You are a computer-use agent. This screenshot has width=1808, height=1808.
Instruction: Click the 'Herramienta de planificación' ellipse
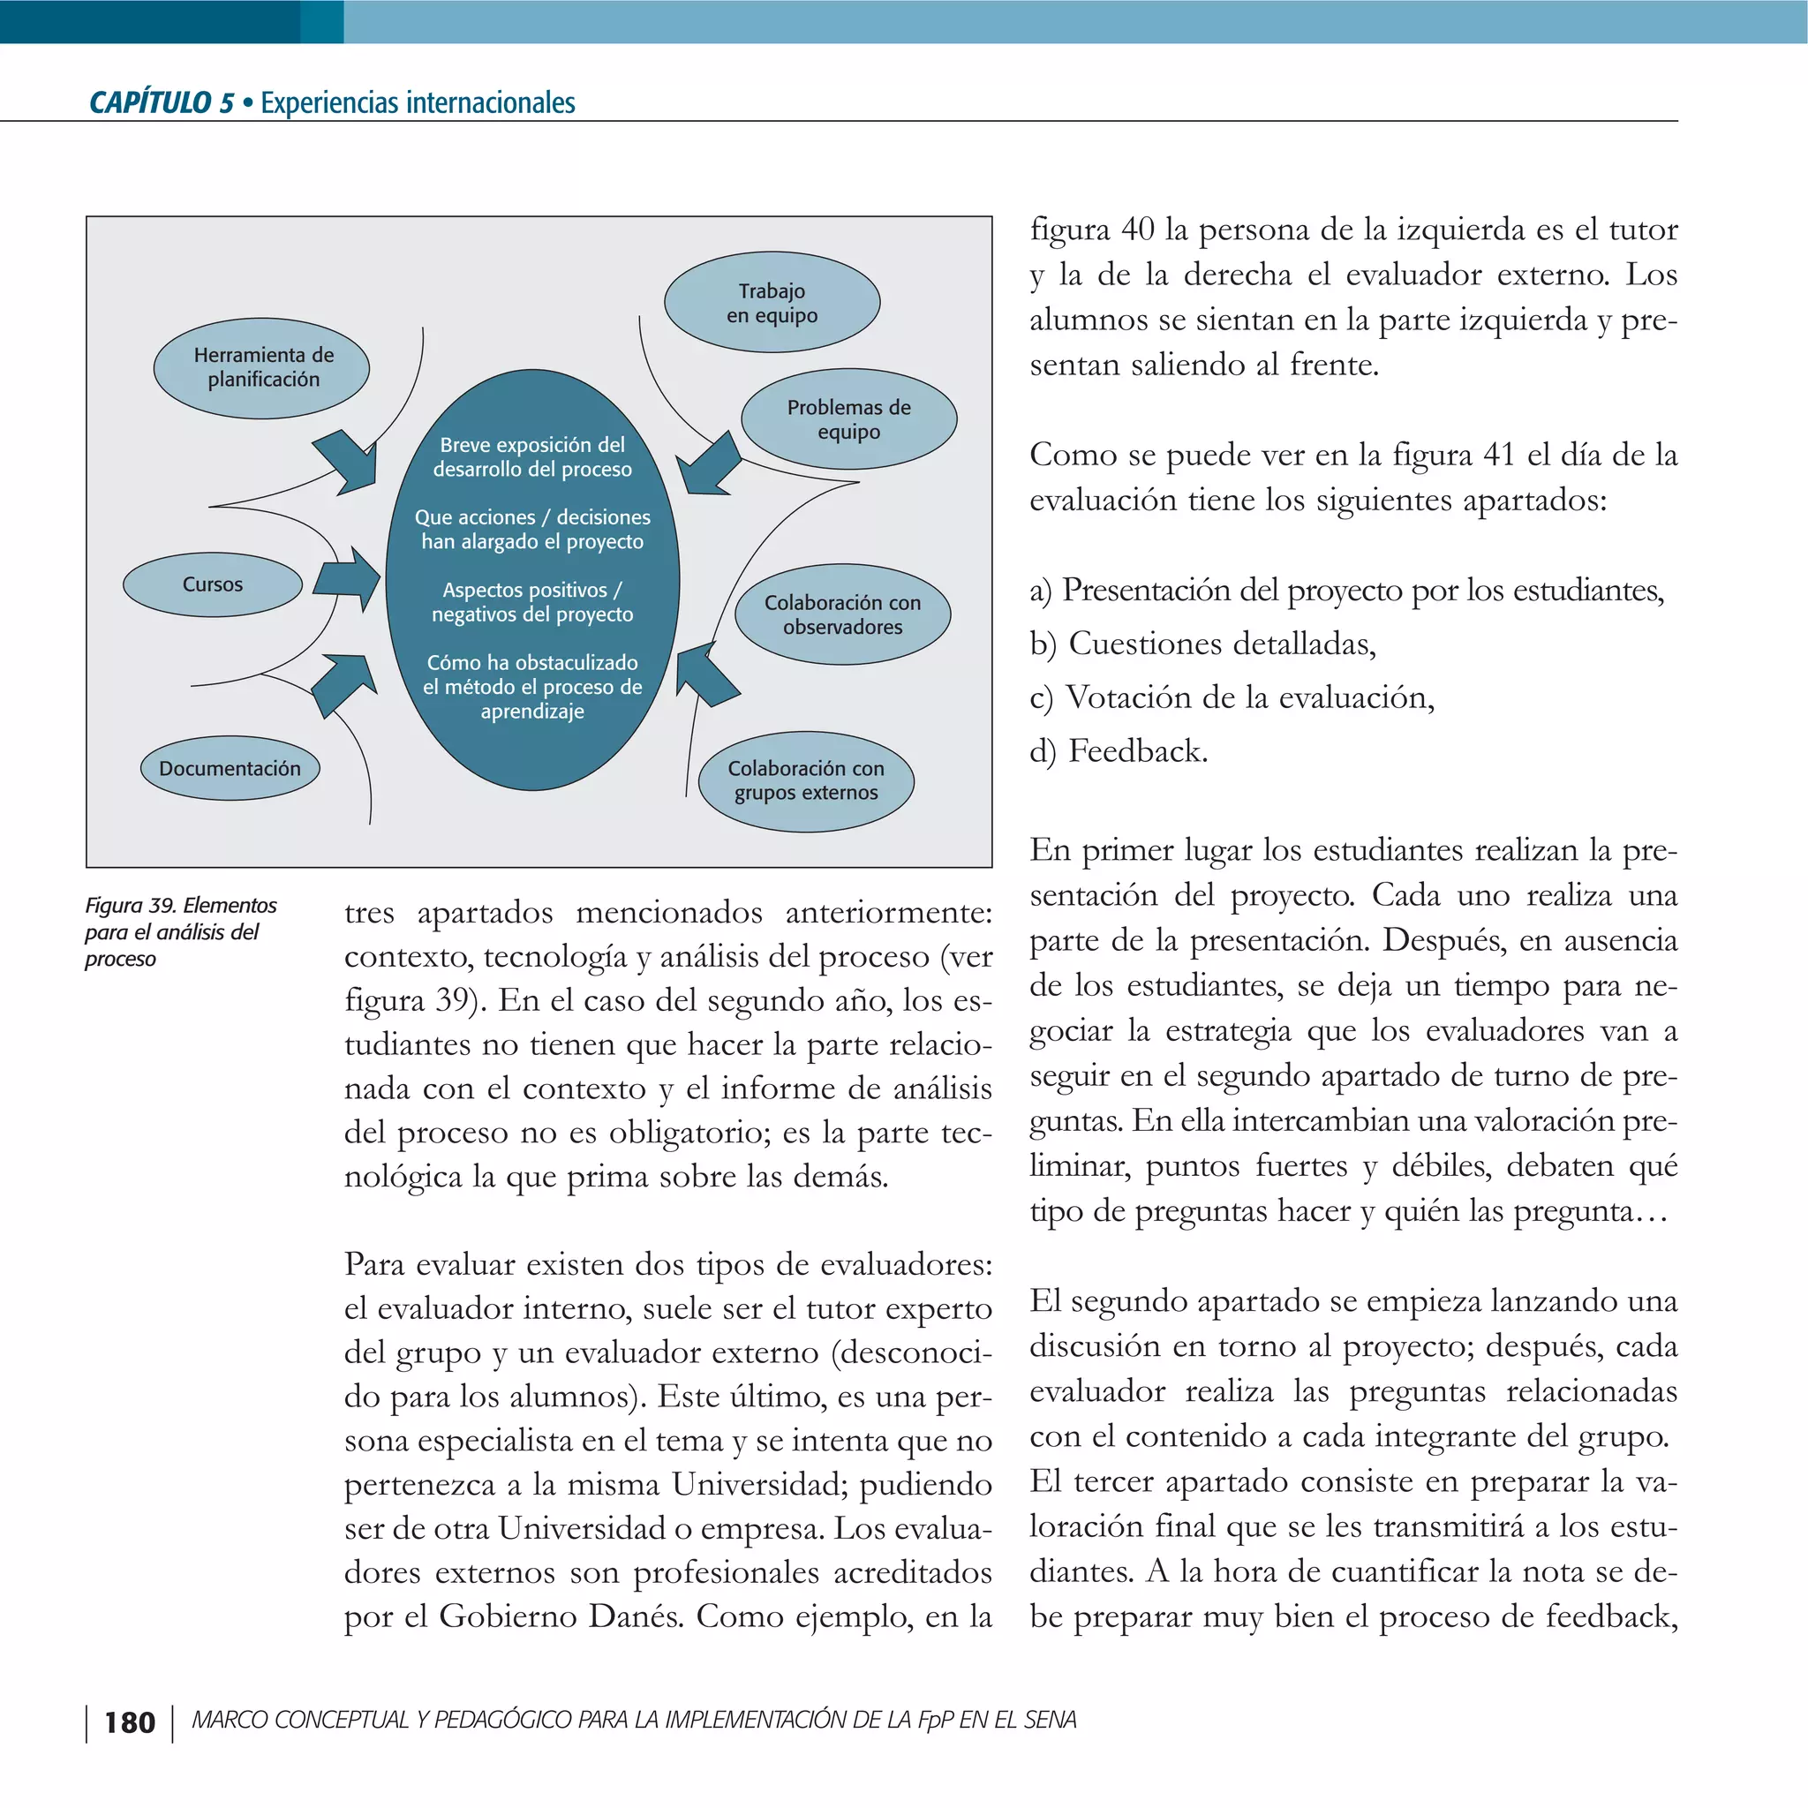click(262, 368)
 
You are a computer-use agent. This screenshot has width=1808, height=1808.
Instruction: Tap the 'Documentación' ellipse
click(230, 768)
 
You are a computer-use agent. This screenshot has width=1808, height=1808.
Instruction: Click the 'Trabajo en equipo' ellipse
click(772, 303)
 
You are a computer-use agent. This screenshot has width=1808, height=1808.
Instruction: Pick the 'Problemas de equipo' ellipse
click(848, 419)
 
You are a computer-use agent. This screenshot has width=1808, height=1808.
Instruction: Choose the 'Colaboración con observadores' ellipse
click(843, 614)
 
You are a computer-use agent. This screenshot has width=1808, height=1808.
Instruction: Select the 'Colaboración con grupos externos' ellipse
click(806, 780)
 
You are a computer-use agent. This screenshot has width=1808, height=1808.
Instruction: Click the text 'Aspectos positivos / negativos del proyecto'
click(531, 602)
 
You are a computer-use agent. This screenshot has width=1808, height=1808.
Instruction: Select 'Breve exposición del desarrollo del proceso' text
click(531, 456)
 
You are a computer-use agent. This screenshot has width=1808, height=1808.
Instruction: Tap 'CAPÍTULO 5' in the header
click(161, 102)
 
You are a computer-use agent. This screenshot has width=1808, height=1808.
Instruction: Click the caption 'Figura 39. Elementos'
click(181, 905)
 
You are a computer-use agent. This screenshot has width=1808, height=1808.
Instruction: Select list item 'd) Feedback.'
click(1119, 751)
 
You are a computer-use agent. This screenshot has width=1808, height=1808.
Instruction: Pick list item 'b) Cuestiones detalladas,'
click(1202, 644)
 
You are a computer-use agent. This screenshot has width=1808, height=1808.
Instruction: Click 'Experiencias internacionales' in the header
click(418, 102)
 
